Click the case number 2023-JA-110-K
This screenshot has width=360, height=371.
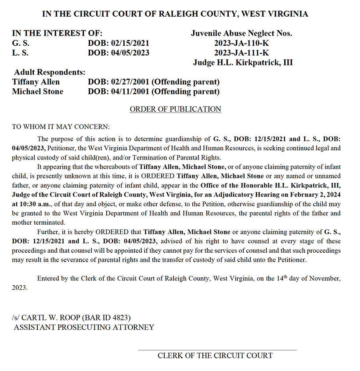point(242,43)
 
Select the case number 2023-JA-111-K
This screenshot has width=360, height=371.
point(242,53)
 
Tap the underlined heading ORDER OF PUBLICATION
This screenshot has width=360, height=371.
point(175,109)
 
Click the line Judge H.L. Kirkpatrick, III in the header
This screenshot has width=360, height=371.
point(243,62)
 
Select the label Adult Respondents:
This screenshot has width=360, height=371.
point(50,72)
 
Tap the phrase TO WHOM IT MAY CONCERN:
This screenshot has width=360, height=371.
point(61,127)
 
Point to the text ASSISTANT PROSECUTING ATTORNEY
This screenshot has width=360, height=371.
point(84,327)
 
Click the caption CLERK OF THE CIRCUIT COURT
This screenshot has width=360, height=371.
point(215,355)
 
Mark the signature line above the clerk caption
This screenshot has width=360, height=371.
point(217,350)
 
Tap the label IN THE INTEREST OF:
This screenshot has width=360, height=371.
point(57,33)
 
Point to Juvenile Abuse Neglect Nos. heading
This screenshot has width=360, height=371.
point(241,33)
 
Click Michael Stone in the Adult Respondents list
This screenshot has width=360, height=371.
point(37,91)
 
